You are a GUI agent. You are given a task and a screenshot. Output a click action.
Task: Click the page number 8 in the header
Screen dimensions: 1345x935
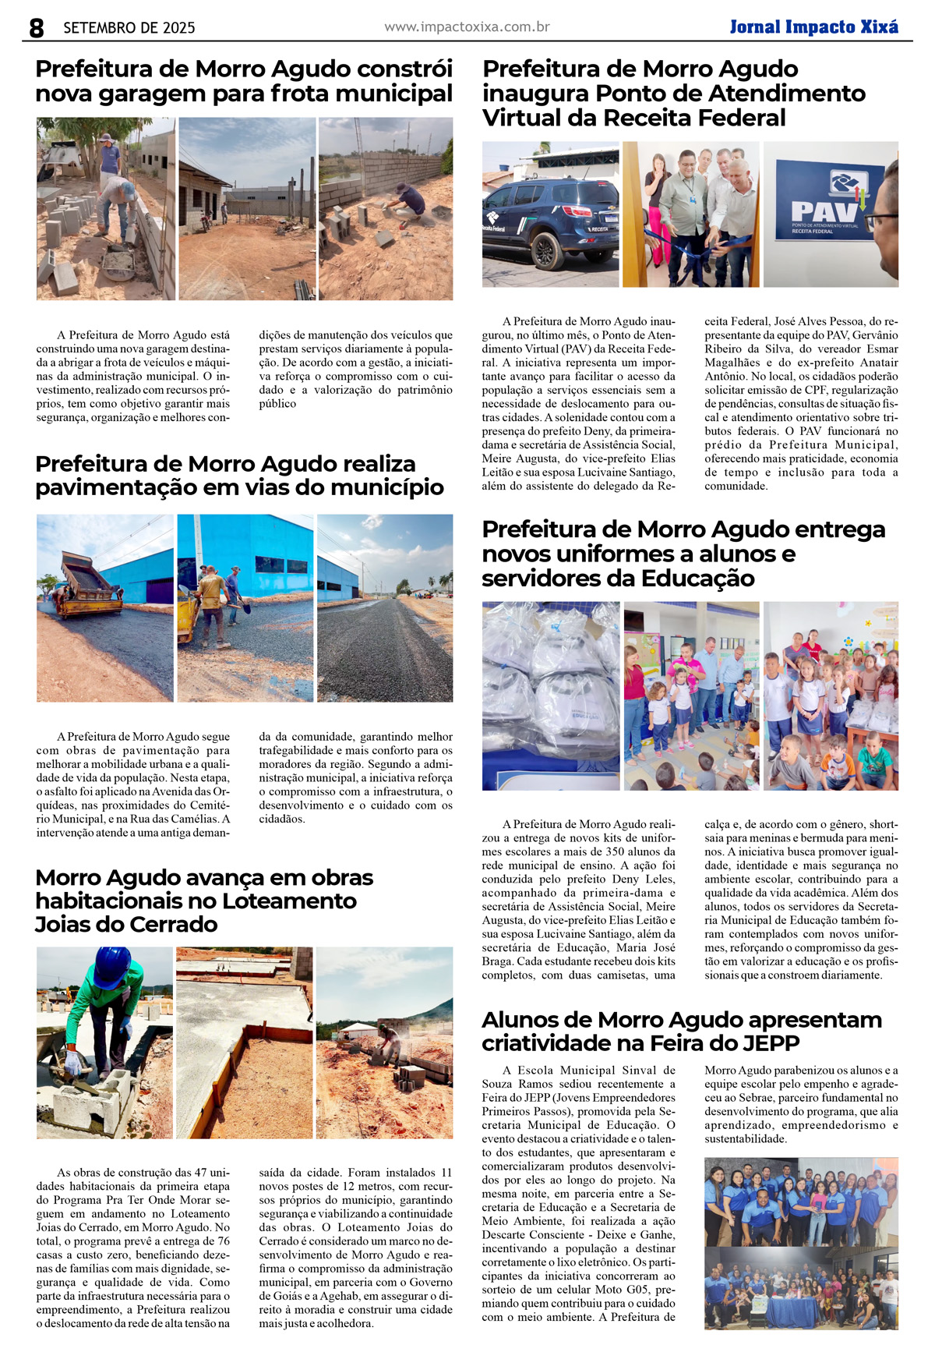tap(37, 28)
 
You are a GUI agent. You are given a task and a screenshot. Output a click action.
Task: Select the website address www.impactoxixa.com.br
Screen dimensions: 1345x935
tap(467, 27)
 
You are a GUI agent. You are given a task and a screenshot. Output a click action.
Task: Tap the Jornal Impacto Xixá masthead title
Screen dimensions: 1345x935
tap(813, 27)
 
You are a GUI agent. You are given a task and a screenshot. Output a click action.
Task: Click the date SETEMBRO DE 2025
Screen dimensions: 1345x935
tap(129, 28)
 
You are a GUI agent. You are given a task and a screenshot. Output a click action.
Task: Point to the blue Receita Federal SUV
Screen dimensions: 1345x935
tap(550, 222)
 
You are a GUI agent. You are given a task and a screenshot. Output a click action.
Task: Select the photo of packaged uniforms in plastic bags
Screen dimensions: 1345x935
tap(551, 696)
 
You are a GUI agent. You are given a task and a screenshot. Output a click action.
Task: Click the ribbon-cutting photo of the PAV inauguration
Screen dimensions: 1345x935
tap(690, 214)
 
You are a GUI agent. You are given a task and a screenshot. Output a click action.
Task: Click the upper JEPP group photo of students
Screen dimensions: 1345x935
tap(801, 1201)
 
